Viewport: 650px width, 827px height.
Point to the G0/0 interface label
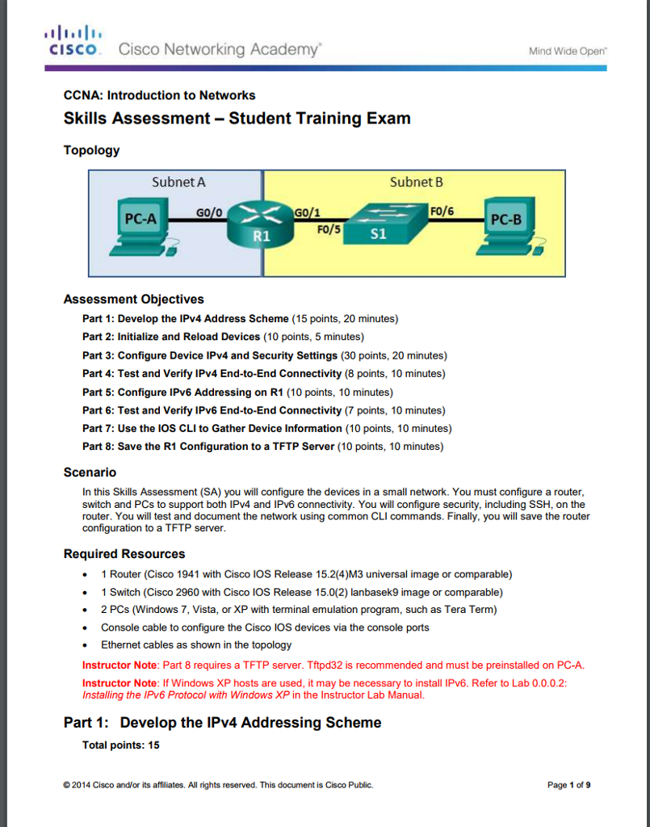coord(209,212)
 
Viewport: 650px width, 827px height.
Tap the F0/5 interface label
coord(331,229)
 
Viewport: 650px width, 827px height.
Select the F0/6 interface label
coord(442,212)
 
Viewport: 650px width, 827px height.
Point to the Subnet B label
coord(416,182)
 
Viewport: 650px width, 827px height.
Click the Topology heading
coord(91,150)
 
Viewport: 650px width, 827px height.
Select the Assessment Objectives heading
coord(133,300)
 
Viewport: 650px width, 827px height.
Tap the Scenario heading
coord(90,472)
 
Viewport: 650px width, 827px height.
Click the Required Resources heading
coord(124,554)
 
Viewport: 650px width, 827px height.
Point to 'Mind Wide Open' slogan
coord(567,51)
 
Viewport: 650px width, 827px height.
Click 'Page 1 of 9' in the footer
coord(569,785)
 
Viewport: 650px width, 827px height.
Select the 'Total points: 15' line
coord(120,745)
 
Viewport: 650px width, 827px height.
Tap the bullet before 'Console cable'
coord(86,628)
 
